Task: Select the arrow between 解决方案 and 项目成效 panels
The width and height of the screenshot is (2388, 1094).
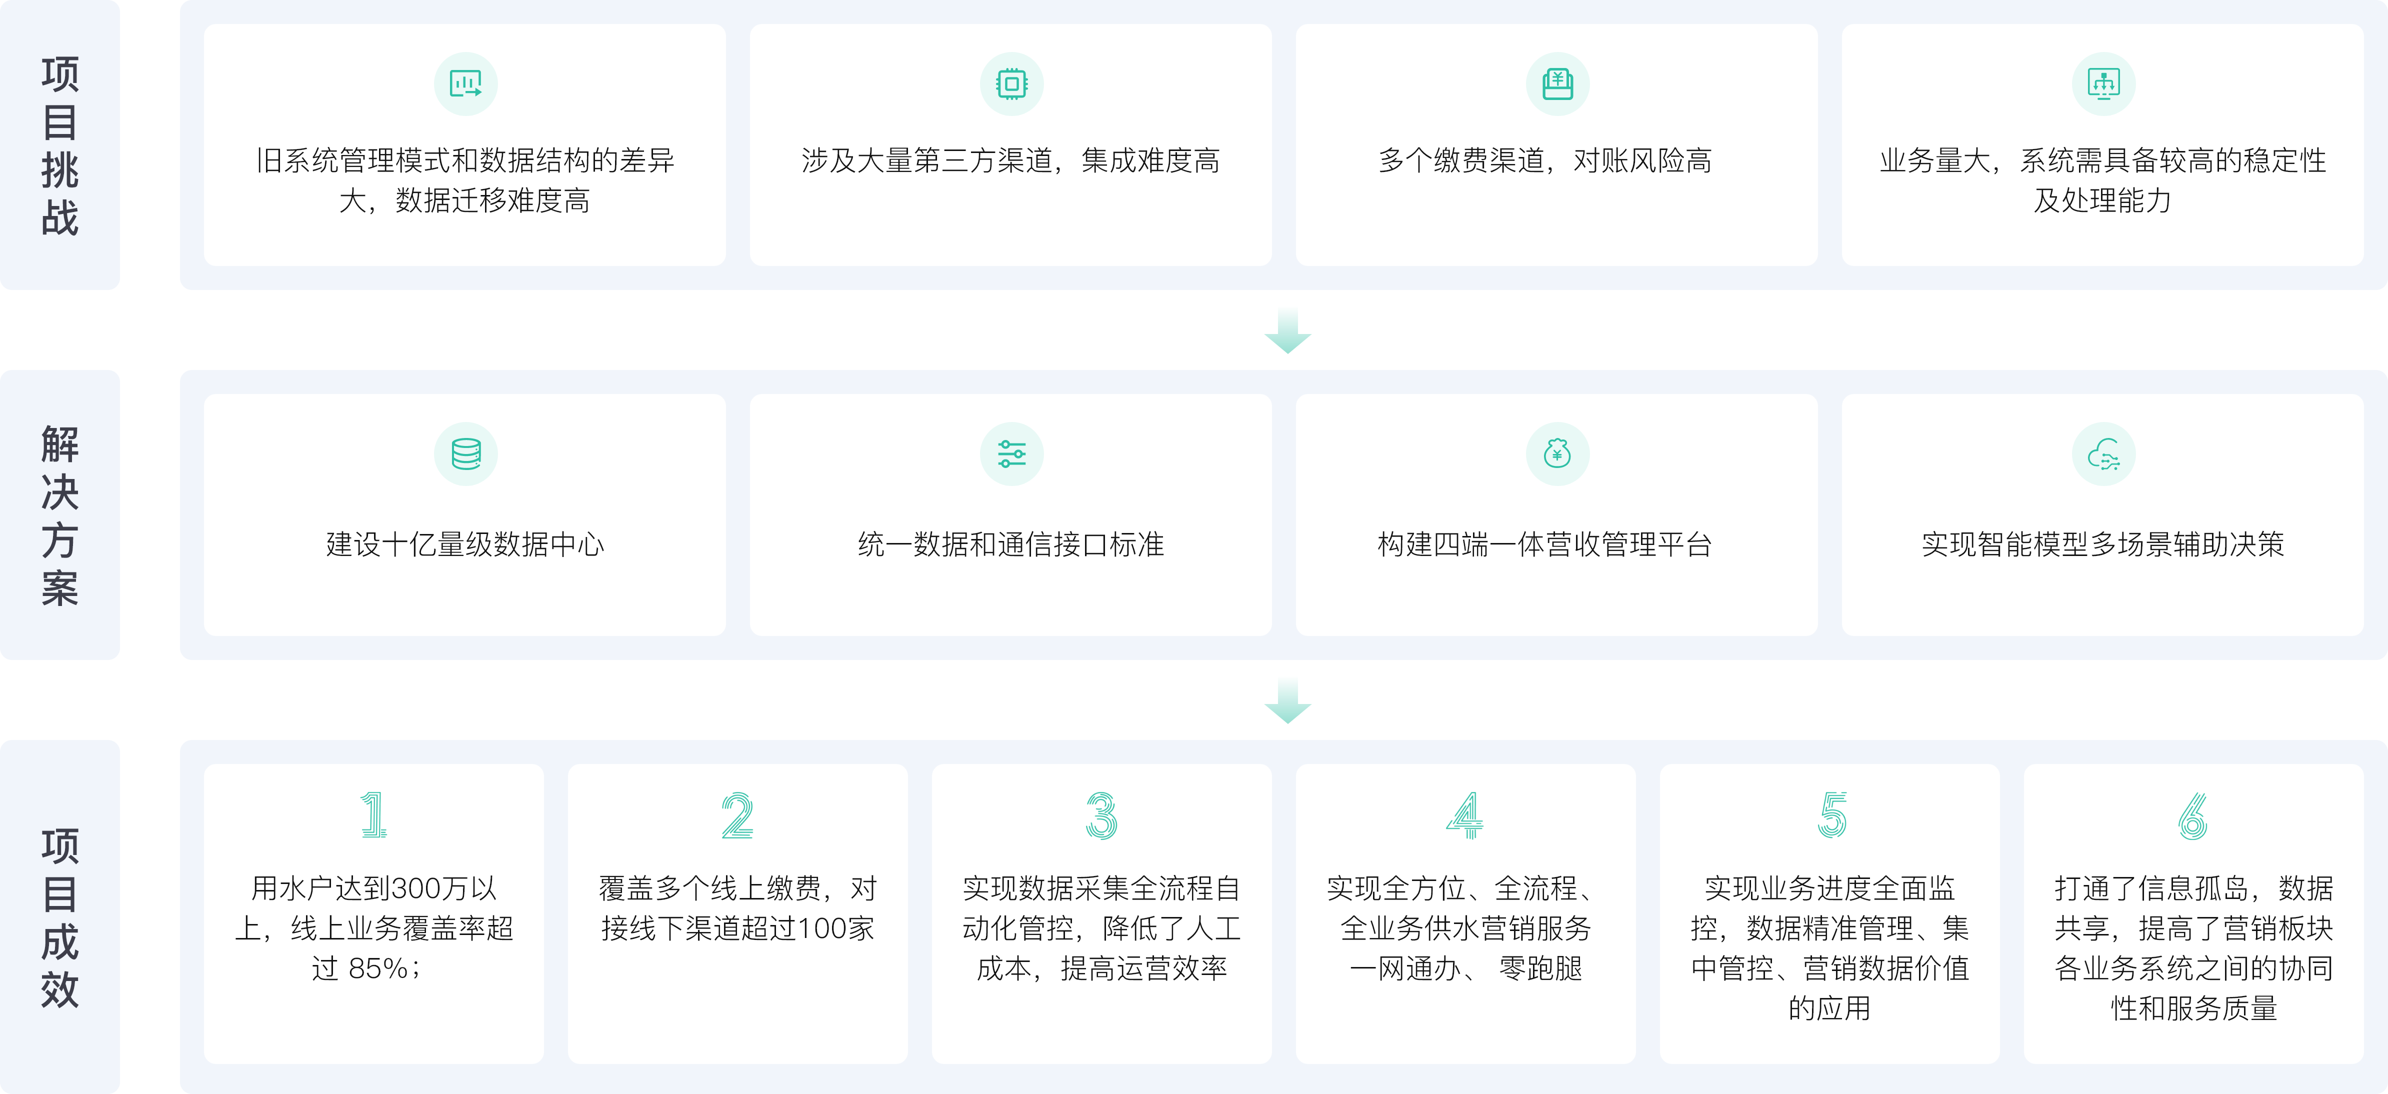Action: point(1287,701)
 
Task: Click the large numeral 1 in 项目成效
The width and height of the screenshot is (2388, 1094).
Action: point(373,815)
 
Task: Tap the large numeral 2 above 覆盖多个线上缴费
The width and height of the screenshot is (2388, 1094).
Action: point(738,815)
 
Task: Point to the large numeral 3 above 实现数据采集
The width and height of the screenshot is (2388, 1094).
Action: point(1101,815)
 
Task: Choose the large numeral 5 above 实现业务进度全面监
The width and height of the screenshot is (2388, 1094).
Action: point(1832,815)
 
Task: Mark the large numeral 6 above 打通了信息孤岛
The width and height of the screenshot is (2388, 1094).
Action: point(2193,815)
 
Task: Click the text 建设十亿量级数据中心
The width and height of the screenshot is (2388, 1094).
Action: point(465,544)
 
